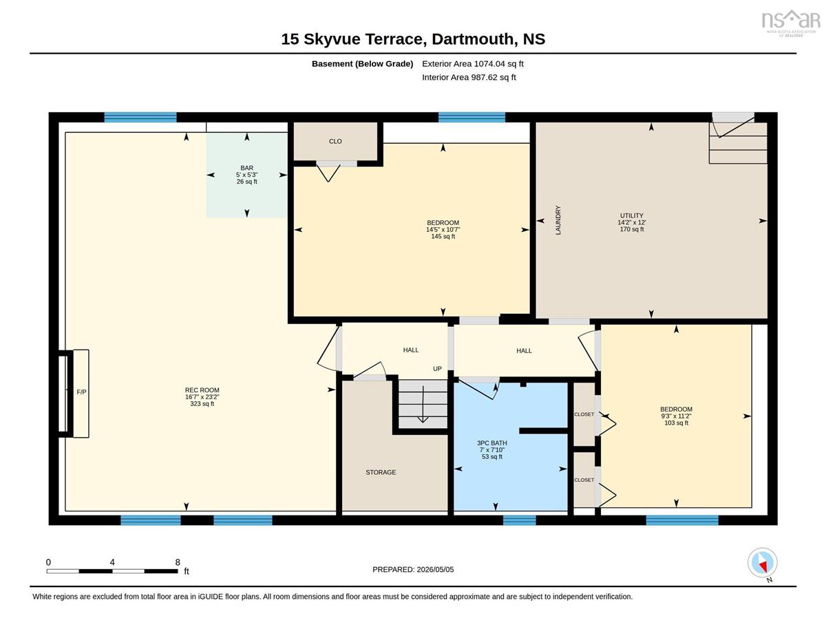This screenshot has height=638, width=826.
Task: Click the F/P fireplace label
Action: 81,392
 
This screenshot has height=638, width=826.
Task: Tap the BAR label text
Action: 246,167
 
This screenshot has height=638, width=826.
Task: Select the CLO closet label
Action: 335,141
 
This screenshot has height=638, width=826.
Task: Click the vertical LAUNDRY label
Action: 558,220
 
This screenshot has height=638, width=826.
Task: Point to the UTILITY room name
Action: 631,215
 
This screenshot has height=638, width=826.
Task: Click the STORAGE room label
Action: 381,472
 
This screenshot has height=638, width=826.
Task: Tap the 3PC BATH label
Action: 492,443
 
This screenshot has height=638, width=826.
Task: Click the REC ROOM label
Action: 202,390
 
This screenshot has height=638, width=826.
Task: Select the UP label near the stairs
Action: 437,369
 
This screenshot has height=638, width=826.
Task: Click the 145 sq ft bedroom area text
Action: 443,236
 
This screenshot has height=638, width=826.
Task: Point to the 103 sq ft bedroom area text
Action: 676,423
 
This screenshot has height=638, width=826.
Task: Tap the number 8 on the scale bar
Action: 178,562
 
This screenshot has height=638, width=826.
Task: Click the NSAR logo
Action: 791,23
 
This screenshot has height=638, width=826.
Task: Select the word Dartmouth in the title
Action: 472,39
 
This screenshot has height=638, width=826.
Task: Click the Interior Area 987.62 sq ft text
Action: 469,78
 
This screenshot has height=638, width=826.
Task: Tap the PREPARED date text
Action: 413,569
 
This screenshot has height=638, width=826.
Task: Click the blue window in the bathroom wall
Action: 519,520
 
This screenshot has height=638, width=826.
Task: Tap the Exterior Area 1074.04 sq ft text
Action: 472,64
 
